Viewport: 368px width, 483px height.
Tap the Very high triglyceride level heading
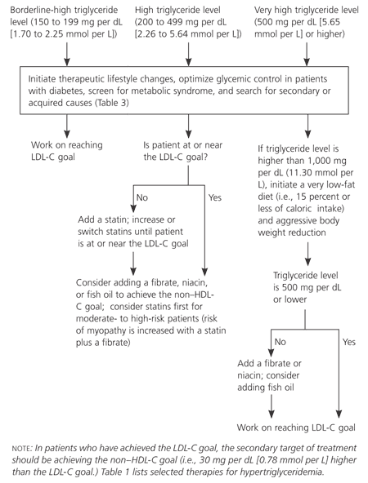tap(307, 9)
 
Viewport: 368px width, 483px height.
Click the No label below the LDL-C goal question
tap(141, 197)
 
